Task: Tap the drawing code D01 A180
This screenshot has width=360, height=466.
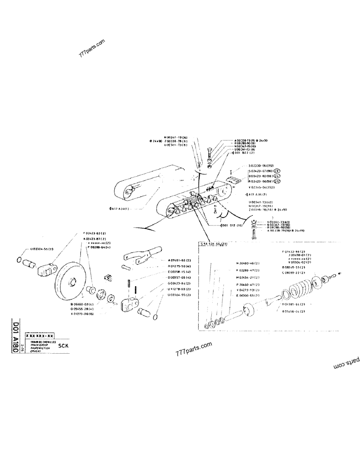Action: (x=17, y=340)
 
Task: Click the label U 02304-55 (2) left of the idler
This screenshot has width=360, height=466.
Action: (x=42, y=249)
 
